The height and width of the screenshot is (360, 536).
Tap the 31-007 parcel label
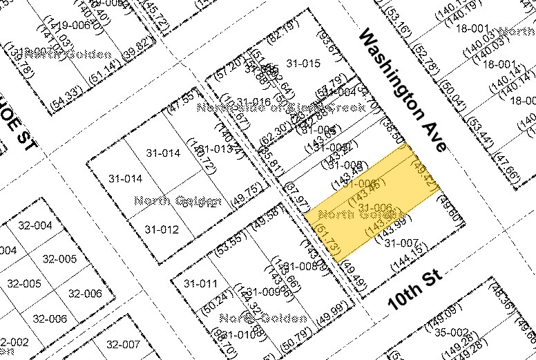point(399,243)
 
